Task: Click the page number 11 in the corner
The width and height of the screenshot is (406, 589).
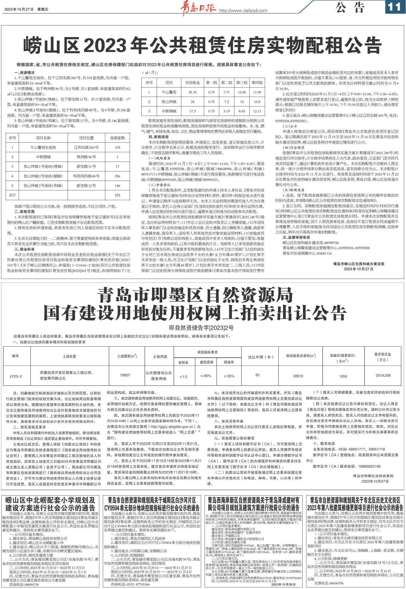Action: [x=395, y=7]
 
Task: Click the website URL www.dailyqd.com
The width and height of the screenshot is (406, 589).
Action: [x=243, y=11]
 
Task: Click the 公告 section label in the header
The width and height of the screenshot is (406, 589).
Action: [x=350, y=8]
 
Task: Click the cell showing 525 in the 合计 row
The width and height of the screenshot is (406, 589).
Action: [x=117, y=195]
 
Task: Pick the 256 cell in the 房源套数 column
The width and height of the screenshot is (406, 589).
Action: [x=117, y=176]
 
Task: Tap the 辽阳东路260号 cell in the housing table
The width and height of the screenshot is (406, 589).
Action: [x=86, y=148]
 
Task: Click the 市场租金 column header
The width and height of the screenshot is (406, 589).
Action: [x=192, y=83]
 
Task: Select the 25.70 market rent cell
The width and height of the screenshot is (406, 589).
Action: [x=192, y=92]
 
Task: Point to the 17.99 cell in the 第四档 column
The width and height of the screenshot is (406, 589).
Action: [x=257, y=92]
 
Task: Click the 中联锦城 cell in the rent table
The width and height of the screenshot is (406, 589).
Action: [x=169, y=111]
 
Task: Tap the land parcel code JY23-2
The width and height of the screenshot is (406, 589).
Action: [x=16, y=376]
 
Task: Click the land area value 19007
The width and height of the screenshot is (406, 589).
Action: [x=125, y=375]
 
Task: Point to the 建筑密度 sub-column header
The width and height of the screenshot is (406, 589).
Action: [x=207, y=362]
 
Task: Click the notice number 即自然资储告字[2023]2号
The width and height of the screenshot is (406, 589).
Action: [x=201, y=328]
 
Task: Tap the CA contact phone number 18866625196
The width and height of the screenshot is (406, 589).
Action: [x=366, y=466]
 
